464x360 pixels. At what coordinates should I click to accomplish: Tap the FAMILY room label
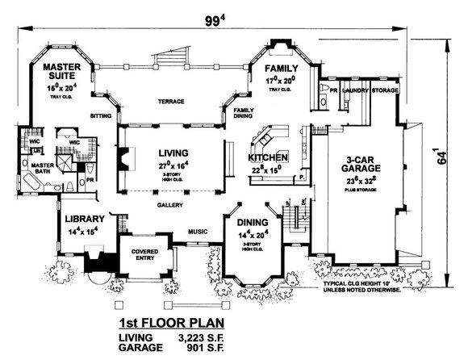[x=283, y=69]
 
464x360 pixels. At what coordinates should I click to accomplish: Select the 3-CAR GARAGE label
[x=360, y=165]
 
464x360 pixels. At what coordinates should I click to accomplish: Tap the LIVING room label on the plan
[x=174, y=151]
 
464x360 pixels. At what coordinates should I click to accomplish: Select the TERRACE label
[x=172, y=102]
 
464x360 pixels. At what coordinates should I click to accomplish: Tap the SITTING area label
[x=99, y=115]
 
